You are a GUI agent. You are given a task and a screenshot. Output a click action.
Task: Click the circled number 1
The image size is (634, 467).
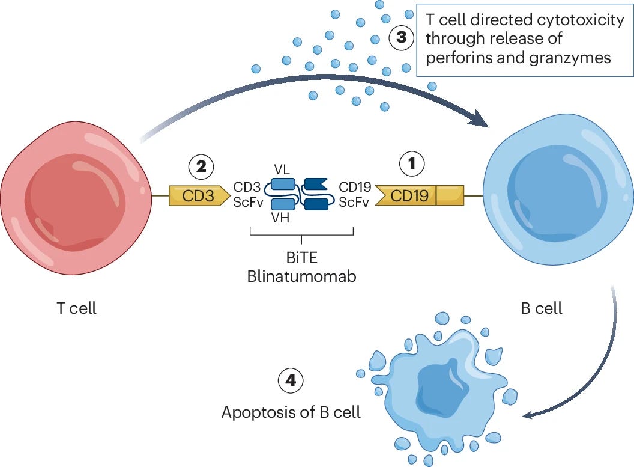412,164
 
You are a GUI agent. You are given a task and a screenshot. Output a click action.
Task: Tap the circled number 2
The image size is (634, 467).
201,166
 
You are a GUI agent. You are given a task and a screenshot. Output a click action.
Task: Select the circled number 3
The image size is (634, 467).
401,38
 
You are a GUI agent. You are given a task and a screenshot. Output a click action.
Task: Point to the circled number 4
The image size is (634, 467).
291,380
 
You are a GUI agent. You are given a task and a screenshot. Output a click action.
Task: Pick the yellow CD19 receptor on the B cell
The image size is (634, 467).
419,195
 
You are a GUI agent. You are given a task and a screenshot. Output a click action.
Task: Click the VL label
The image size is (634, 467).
282,169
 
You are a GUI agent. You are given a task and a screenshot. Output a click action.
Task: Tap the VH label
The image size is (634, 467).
280,218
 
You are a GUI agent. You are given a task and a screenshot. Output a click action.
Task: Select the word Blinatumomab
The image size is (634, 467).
301,276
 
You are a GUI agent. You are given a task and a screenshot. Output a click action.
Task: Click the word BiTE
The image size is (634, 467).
301,258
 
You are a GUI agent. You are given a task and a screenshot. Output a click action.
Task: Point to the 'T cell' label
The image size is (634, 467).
77,308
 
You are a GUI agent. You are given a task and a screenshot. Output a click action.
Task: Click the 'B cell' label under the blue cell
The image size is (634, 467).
542,308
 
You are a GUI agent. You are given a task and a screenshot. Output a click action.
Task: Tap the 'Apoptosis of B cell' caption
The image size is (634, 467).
291,412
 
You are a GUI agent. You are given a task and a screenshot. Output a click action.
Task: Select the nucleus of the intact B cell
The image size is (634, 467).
558,197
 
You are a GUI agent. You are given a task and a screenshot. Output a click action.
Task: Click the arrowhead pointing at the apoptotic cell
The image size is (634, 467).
528,415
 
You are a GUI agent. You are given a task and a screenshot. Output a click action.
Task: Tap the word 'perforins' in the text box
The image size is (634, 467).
457,58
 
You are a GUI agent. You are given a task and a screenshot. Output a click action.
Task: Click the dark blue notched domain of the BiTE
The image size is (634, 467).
316,184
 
